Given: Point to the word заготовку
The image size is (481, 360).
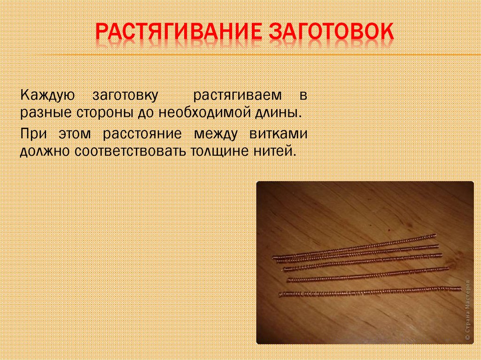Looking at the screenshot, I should (125, 96).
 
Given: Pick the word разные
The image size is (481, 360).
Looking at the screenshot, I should (41, 114).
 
